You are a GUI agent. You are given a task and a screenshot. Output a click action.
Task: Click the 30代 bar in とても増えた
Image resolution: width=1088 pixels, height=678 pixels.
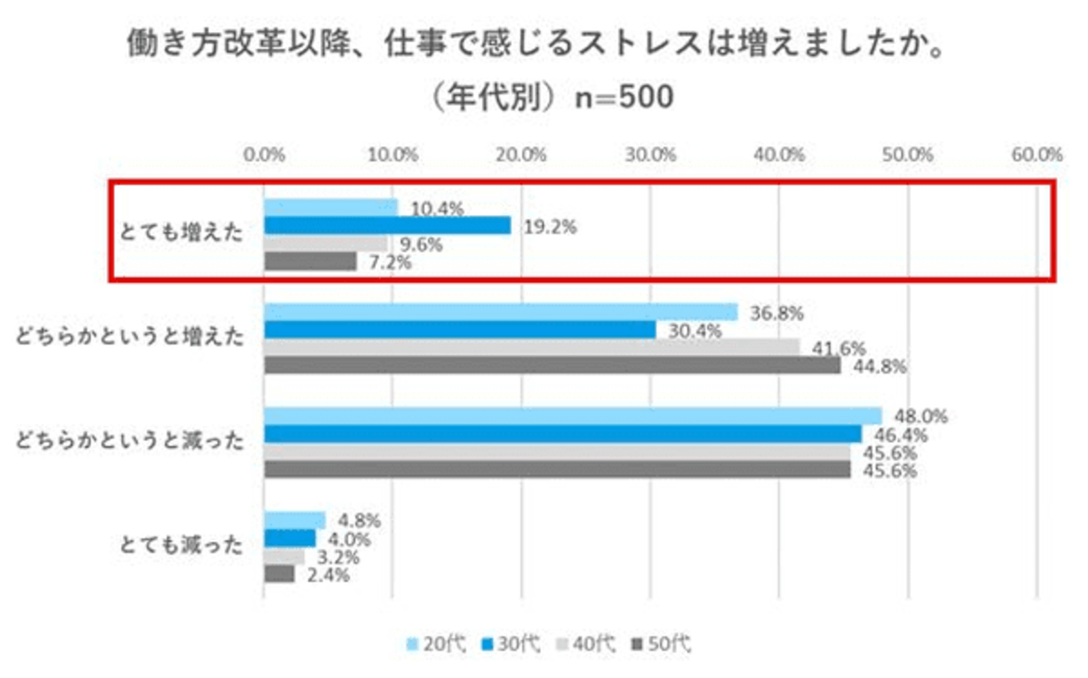point(387,225)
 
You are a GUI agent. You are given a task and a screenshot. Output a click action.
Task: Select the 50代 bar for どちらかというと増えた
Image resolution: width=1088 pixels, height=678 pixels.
point(552,365)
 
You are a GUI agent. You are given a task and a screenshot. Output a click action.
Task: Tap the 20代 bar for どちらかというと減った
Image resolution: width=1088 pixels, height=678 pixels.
point(573,416)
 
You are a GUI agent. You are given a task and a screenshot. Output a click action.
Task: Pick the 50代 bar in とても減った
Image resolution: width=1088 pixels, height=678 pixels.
point(279,574)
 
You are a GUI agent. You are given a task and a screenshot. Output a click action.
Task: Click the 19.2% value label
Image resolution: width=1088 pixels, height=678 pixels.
point(549,226)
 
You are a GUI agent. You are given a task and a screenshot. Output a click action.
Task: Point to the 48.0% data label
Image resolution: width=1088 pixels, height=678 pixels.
point(920,416)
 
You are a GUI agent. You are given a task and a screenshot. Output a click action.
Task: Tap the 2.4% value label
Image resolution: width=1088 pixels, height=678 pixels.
point(328,575)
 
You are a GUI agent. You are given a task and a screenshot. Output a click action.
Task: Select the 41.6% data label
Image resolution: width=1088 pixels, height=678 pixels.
point(838,348)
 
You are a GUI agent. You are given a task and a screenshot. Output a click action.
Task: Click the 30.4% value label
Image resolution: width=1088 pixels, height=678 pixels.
point(694,331)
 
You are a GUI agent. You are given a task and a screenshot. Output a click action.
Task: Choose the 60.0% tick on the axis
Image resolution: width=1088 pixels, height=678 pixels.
point(1036,155)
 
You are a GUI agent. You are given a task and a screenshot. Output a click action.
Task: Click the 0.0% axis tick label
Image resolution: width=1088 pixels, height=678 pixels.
point(264,155)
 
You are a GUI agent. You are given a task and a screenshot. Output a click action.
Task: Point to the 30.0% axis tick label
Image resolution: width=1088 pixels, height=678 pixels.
point(650,155)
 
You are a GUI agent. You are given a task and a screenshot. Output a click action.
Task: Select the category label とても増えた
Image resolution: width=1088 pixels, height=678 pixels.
point(181,232)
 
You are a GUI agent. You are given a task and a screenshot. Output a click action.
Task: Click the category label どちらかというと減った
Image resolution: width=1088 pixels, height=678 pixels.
point(129,441)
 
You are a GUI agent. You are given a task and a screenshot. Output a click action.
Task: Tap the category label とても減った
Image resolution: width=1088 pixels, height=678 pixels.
point(181,544)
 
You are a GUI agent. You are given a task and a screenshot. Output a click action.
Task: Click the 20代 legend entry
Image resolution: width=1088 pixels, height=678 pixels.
point(436,643)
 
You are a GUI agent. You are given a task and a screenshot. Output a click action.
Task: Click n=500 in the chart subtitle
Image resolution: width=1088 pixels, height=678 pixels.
point(624,97)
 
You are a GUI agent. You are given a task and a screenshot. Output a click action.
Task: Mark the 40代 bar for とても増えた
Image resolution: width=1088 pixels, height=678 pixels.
point(326,243)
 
